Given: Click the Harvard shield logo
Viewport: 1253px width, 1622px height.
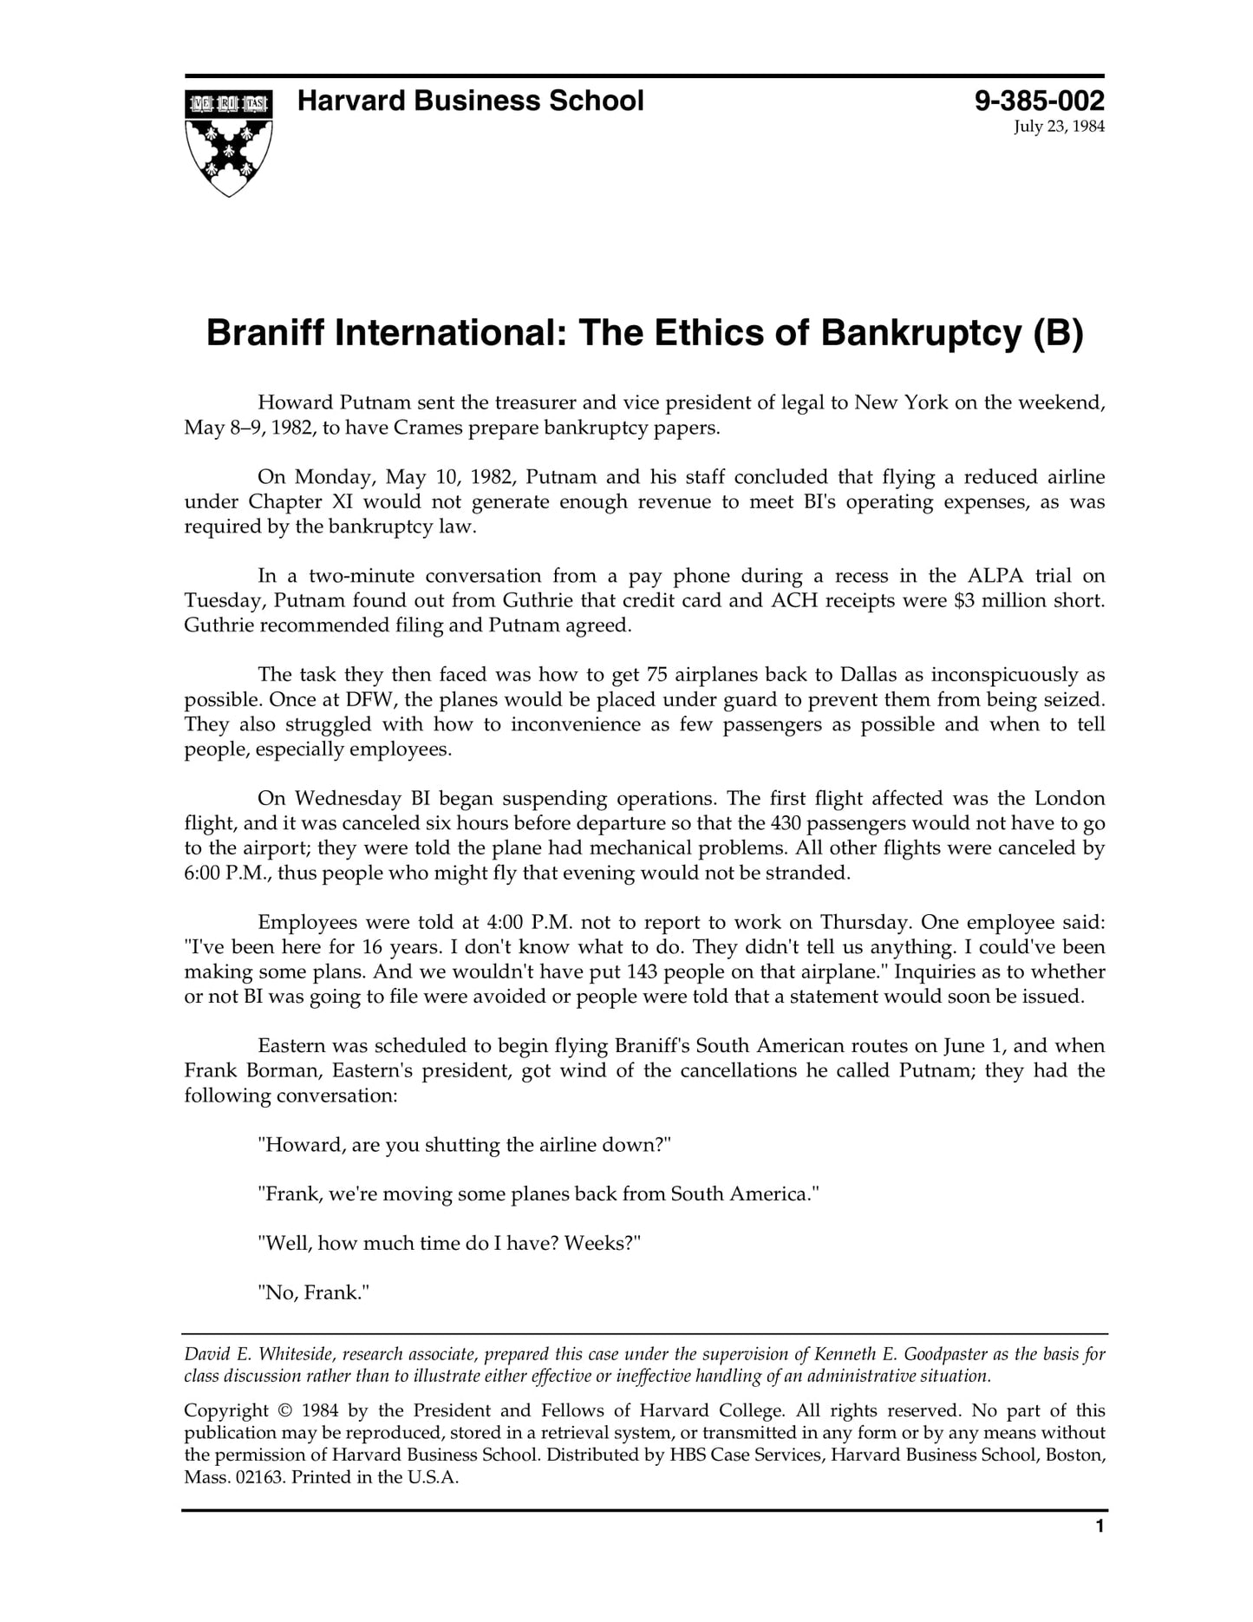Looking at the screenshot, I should tap(228, 142).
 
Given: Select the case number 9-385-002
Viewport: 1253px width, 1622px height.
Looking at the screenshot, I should tap(1040, 101).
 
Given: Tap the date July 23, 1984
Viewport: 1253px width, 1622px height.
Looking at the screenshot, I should tap(1059, 128).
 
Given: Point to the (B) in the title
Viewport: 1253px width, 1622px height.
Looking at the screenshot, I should tap(1058, 334).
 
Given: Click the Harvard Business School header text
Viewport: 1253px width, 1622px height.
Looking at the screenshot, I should tap(470, 101).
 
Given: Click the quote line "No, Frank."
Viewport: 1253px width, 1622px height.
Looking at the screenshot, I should tap(314, 1293).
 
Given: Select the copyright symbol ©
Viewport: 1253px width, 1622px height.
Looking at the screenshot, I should tap(285, 1411).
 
